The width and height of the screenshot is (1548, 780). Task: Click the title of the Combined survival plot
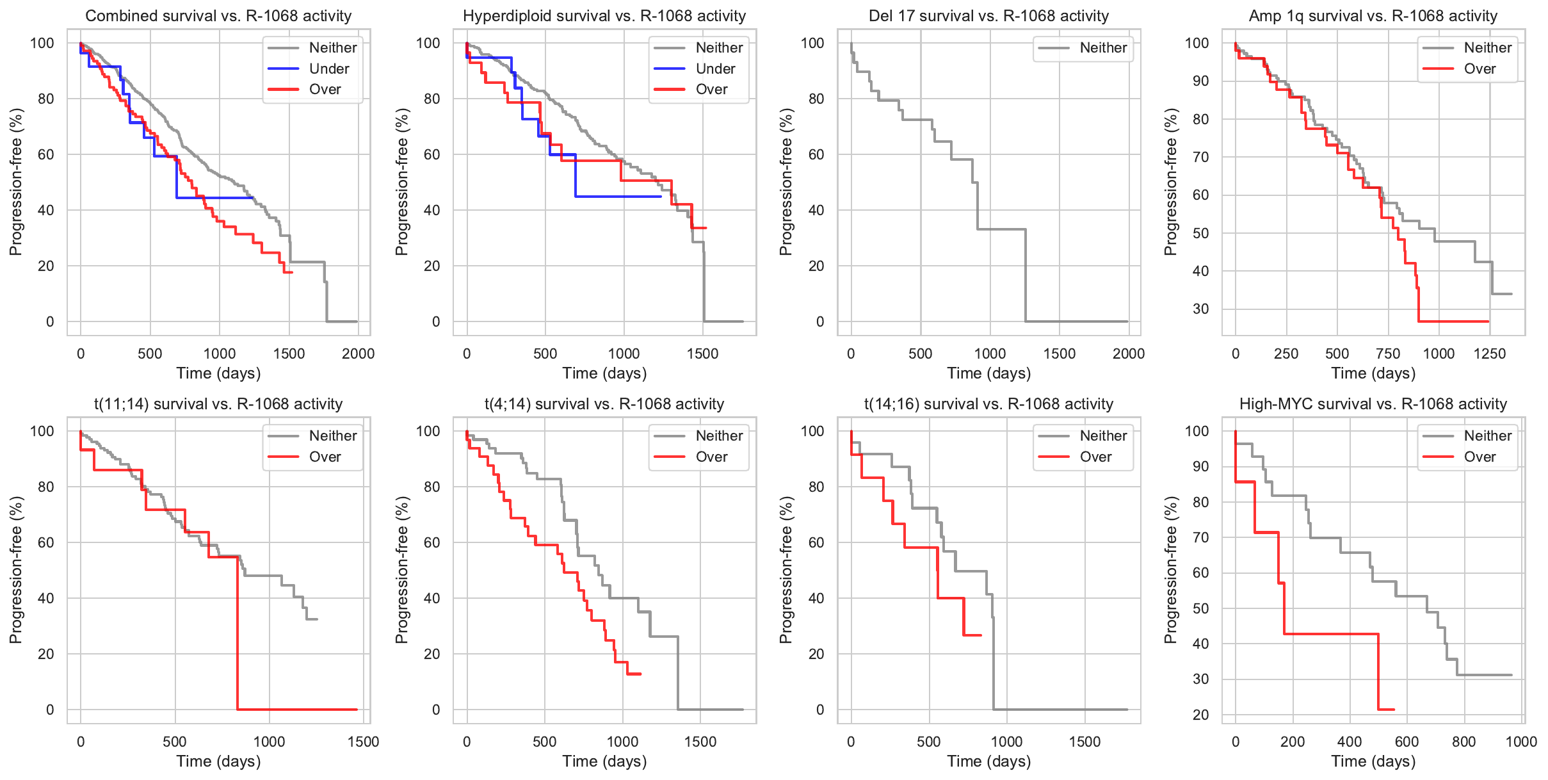(x=218, y=16)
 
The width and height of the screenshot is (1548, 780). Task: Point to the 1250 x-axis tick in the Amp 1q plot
(x=1489, y=353)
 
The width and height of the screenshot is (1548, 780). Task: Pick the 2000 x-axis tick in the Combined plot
(x=358, y=353)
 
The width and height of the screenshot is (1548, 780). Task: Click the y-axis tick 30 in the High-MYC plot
(x=1200, y=679)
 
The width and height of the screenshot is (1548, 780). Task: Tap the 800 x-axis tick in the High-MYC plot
(x=1463, y=742)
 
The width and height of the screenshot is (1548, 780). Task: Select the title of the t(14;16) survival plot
(x=988, y=404)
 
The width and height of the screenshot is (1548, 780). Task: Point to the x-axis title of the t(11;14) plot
(x=218, y=761)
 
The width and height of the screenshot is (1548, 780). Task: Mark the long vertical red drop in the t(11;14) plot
(x=238, y=634)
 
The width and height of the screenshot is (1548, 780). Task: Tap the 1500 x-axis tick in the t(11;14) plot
(x=363, y=742)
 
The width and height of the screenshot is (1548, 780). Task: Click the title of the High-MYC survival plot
(x=1373, y=404)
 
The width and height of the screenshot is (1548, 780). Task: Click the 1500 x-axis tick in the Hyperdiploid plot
(x=702, y=353)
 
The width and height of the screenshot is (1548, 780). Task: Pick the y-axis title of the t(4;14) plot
(x=401, y=570)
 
